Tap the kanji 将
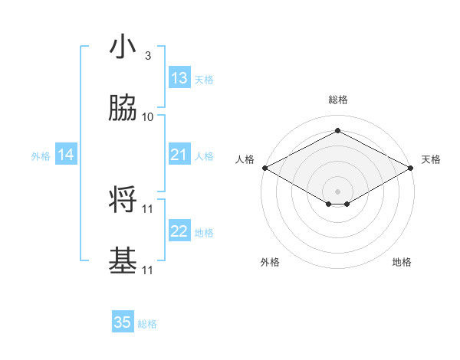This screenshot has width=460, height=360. coord(123,199)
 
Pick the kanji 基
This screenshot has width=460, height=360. coord(123,260)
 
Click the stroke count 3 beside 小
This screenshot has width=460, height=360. coord(147,56)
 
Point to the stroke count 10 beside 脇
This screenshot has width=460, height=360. coord(148,117)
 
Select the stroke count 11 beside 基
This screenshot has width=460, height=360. coord(148,270)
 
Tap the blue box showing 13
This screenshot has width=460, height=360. coord(179,78)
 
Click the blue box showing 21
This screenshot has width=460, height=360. coord(179,155)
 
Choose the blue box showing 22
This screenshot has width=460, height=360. coord(179,231)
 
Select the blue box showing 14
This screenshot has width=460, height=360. coord(66,155)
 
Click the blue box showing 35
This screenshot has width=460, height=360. coord(123,322)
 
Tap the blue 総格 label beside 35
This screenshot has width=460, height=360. coord(147,324)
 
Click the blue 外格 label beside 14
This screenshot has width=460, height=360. coord(41,156)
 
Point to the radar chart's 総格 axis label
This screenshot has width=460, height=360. coord(337,100)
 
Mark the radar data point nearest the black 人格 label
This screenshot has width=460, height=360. coord(264,168)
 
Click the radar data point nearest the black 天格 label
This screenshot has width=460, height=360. coord(411,168)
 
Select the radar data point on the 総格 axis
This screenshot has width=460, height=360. coord(337,131)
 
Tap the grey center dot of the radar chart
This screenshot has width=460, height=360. coord(337,191)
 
